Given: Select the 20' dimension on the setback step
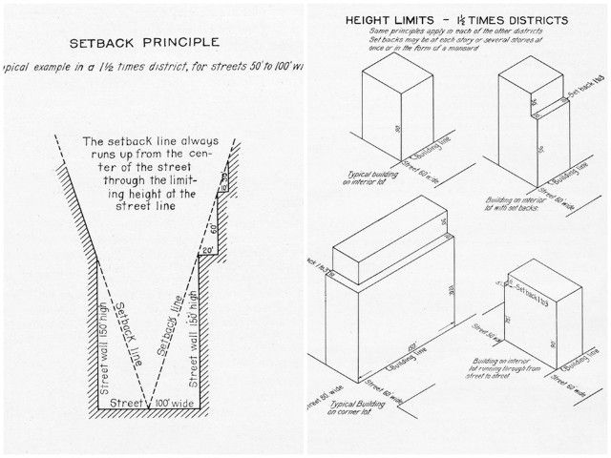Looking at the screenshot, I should [x=206, y=249].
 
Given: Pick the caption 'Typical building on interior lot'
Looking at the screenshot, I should [x=364, y=177].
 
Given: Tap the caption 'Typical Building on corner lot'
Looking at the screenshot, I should [x=364, y=408].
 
